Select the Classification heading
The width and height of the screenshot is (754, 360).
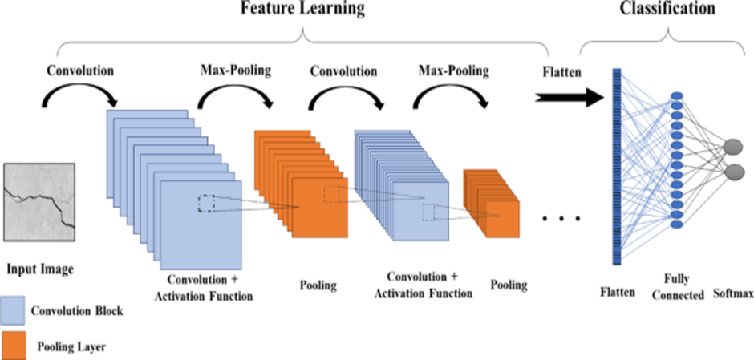tap(667, 10)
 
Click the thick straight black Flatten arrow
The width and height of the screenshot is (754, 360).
tap(571, 98)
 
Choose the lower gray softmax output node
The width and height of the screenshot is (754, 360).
tap(732, 172)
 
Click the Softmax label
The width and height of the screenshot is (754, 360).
tap(732, 294)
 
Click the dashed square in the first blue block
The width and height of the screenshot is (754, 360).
tap(206, 204)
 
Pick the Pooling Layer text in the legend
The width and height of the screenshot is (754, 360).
tap(73, 347)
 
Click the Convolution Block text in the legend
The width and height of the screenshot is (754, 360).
tap(77, 311)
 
